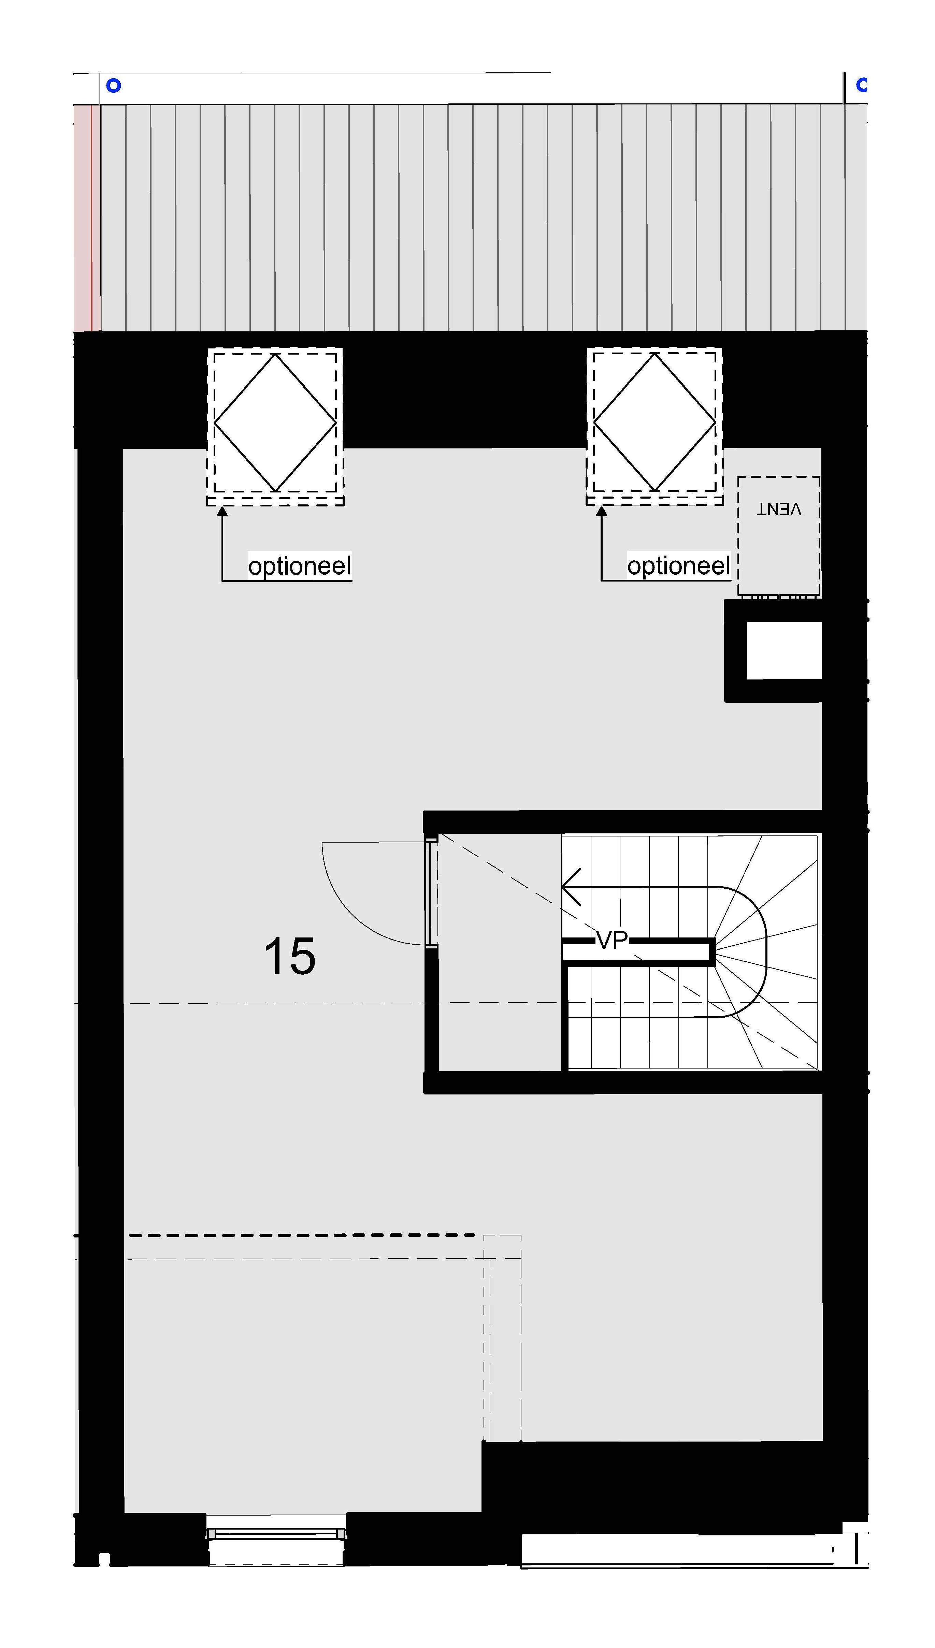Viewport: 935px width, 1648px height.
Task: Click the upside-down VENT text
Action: coord(778,509)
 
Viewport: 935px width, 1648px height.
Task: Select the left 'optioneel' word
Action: coord(300,566)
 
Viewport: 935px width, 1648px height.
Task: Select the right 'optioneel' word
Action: coord(679,566)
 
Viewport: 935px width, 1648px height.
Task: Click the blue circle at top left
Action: coord(114,85)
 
